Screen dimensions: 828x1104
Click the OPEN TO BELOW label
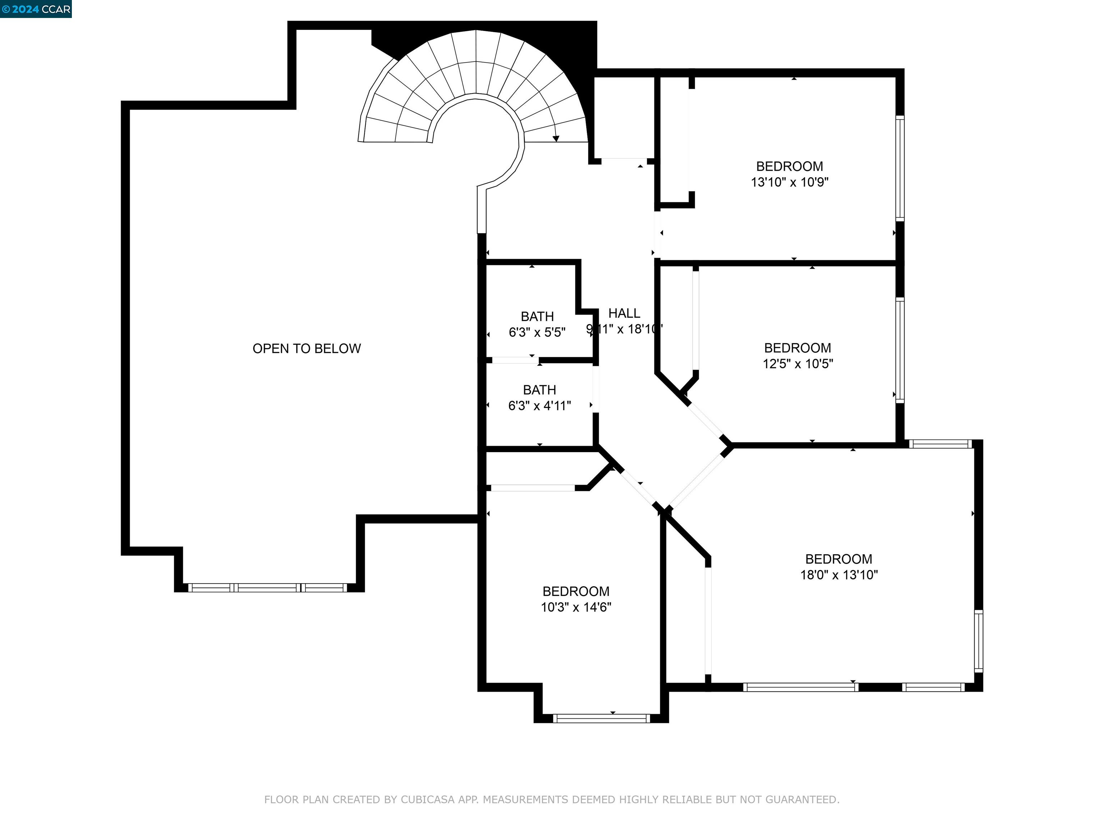[x=307, y=348]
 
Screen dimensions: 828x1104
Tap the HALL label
[x=624, y=313]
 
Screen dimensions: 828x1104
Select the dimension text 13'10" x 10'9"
[x=790, y=182]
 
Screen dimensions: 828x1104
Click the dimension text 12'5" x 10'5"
[x=797, y=364]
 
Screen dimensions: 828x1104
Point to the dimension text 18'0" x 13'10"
[x=839, y=575]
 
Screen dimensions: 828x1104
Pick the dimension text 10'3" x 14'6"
[x=576, y=607]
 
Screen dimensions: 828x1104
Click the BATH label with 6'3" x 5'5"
[x=537, y=316]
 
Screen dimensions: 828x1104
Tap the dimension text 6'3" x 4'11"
[x=539, y=406]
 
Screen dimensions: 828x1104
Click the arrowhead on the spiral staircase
[x=556, y=139]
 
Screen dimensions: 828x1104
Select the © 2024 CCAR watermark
[x=36, y=9]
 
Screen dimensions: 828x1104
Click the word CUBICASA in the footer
[x=428, y=800]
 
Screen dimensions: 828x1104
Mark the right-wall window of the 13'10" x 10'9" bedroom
[x=900, y=168]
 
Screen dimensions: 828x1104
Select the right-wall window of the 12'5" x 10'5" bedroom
[x=900, y=350]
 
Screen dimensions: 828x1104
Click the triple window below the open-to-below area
[x=267, y=588]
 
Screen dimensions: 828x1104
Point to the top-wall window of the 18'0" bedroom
[x=940, y=444]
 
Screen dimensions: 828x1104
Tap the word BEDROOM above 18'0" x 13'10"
[x=838, y=559]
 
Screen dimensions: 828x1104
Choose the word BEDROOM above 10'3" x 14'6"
[x=576, y=592]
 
